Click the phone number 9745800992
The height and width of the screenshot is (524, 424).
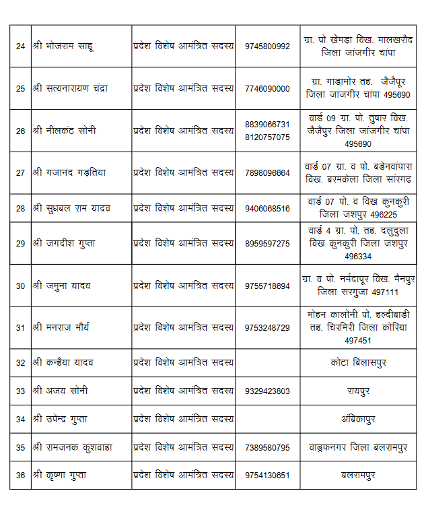268,46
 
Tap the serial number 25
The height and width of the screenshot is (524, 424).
20,88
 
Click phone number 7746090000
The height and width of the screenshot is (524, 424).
268,88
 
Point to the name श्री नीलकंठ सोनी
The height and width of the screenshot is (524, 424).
63,131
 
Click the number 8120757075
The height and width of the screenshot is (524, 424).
268,137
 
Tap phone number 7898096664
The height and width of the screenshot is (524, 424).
268,172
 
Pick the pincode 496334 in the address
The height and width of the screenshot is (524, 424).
358,256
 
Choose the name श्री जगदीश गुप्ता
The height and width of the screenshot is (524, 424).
63,243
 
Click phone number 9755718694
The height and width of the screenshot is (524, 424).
268,286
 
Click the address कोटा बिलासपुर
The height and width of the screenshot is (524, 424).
358,362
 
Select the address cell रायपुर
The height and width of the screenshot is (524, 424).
358,391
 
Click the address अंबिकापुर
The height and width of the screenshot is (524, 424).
358,419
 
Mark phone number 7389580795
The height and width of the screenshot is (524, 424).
268,447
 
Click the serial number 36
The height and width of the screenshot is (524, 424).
20,476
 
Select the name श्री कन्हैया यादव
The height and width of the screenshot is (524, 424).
63,362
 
